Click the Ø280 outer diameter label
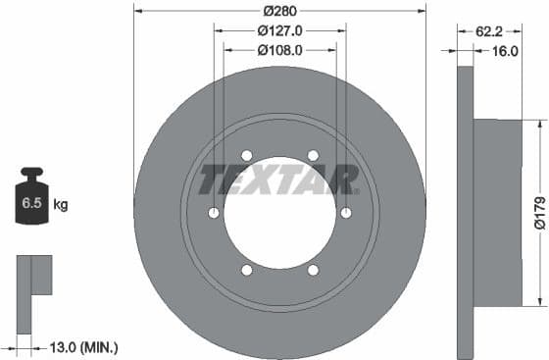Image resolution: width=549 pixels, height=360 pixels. [x=279, y=12]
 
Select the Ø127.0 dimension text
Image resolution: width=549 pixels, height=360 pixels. [x=279, y=29]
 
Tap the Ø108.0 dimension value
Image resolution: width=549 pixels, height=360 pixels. [x=279, y=47]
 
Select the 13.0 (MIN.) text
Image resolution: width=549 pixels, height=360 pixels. [x=84, y=346]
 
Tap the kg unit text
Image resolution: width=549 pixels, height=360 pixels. [x=61, y=205]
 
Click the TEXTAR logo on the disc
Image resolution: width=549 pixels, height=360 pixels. [x=279, y=180]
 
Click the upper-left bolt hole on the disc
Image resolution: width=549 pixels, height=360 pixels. [x=246, y=155]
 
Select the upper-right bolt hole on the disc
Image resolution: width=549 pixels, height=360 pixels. [x=313, y=155]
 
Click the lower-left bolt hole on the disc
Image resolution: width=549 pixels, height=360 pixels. [x=246, y=270]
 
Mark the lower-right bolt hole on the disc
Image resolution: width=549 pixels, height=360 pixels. [x=313, y=270]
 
